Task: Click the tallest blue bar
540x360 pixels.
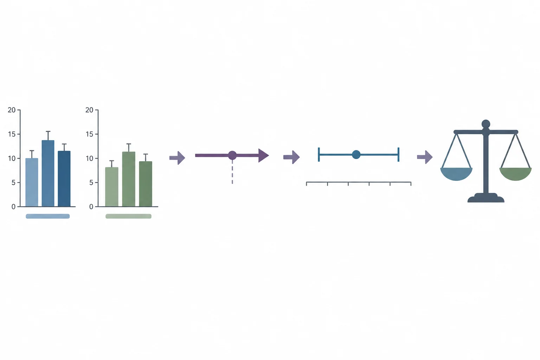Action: pos(48,173)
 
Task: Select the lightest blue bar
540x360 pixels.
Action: pos(32,182)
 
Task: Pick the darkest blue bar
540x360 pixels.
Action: pos(64,179)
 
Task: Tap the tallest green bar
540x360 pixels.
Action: pos(129,179)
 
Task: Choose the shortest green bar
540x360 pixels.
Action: pos(111,187)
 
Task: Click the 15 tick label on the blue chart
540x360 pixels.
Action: pos(12,134)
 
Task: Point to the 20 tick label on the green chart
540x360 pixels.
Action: pos(89,110)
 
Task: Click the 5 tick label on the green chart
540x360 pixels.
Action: pos(91,182)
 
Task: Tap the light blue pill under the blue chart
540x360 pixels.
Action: pos(48,216)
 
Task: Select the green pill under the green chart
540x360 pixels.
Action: pos(128,216)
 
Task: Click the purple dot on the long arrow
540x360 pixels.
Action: pos(232,155)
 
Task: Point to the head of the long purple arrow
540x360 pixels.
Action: pos(263,155)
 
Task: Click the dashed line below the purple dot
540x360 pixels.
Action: pos(232,172)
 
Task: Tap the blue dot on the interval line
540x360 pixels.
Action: pos(356,155)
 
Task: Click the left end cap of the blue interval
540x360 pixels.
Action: pos(319,155)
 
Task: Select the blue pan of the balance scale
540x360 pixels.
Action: pos(456,174)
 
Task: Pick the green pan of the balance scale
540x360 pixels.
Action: pos(515,174)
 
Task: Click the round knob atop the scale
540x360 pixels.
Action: pos(486,124)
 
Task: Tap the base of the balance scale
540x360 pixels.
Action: pos(486,198)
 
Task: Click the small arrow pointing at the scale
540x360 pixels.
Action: pos(425,157)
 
